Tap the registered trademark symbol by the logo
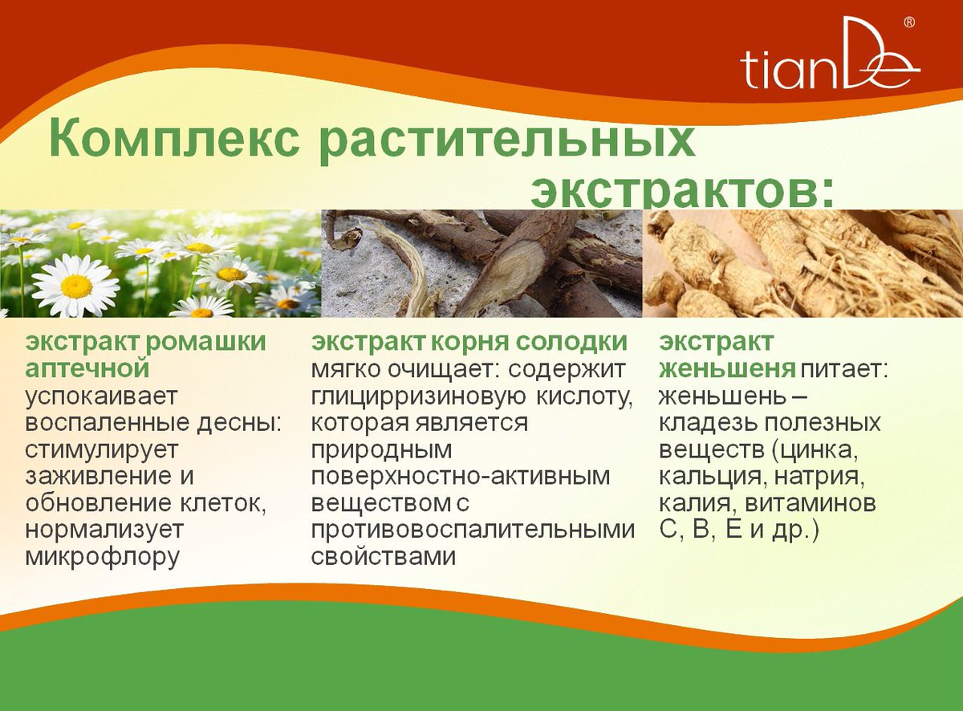pyautogui.click(x=908, y=22)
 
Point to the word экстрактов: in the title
pyautogui.click(x=681, y=190)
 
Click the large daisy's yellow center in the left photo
pyautogui.click(x=76, y=286)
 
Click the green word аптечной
pyautogui.click(x=88, y=368)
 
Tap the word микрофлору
pyautogui.click(x=103, y=556)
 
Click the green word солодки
pyautogui.click(x=571, y=342)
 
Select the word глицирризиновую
pyautogui.click(x=417, y=396)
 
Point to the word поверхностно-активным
pyautogui.click(x=461, y=476)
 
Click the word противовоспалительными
pyautogui.click(x=473, y=530)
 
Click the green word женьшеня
pyautogui.click(x=727, y=369)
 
